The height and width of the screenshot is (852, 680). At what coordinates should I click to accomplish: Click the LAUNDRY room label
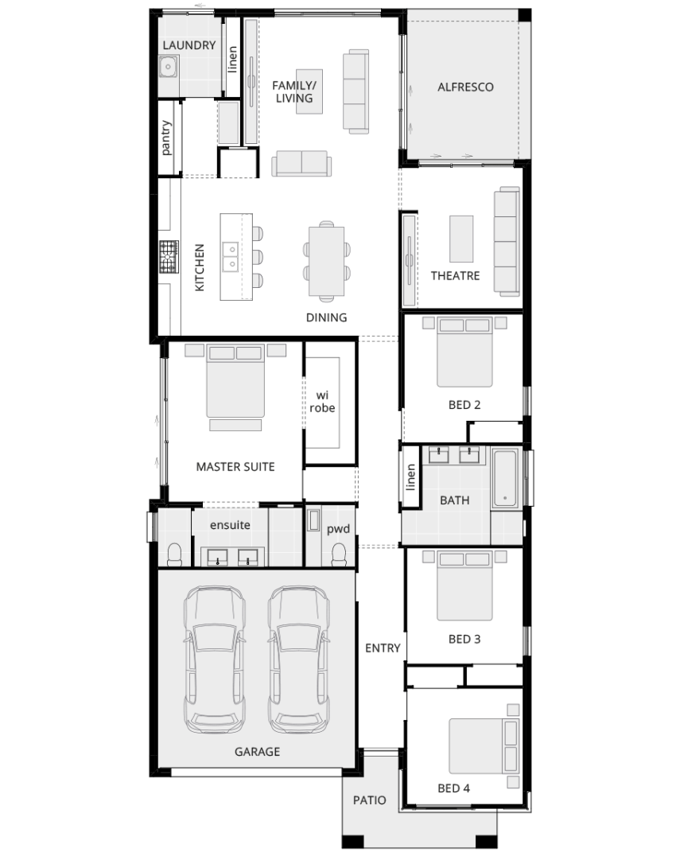click(189, 45)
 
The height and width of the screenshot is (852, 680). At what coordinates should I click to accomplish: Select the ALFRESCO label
click(465, 87)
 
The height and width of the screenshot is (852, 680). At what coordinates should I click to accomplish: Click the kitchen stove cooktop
click(169, 256)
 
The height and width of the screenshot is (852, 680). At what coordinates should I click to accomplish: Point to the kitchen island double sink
click(231, 257)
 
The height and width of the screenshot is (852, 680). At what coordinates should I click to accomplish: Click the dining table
click(326, 262)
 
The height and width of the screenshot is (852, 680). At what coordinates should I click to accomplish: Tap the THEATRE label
click(455, 276)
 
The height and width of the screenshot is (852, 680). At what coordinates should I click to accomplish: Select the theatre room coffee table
click(461, 239)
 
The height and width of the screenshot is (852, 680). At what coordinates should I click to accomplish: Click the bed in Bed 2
click(464, 352)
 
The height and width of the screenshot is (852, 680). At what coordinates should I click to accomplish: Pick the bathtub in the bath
click(505, 478)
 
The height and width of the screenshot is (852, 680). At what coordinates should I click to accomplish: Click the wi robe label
click(322, 402)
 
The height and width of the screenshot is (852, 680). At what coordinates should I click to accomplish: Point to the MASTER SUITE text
click(235, 467)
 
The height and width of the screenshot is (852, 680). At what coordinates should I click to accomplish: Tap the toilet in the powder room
click(339, 555)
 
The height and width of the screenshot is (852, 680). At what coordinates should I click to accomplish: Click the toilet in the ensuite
click(174, 555)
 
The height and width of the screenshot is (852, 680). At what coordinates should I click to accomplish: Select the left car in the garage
click(214, 659)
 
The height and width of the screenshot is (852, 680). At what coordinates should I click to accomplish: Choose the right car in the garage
click(298, 659)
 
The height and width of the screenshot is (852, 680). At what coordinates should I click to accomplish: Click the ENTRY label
click(383, 648)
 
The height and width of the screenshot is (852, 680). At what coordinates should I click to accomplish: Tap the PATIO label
click(369, 800)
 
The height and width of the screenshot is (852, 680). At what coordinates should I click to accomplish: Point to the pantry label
click(165, 138)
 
